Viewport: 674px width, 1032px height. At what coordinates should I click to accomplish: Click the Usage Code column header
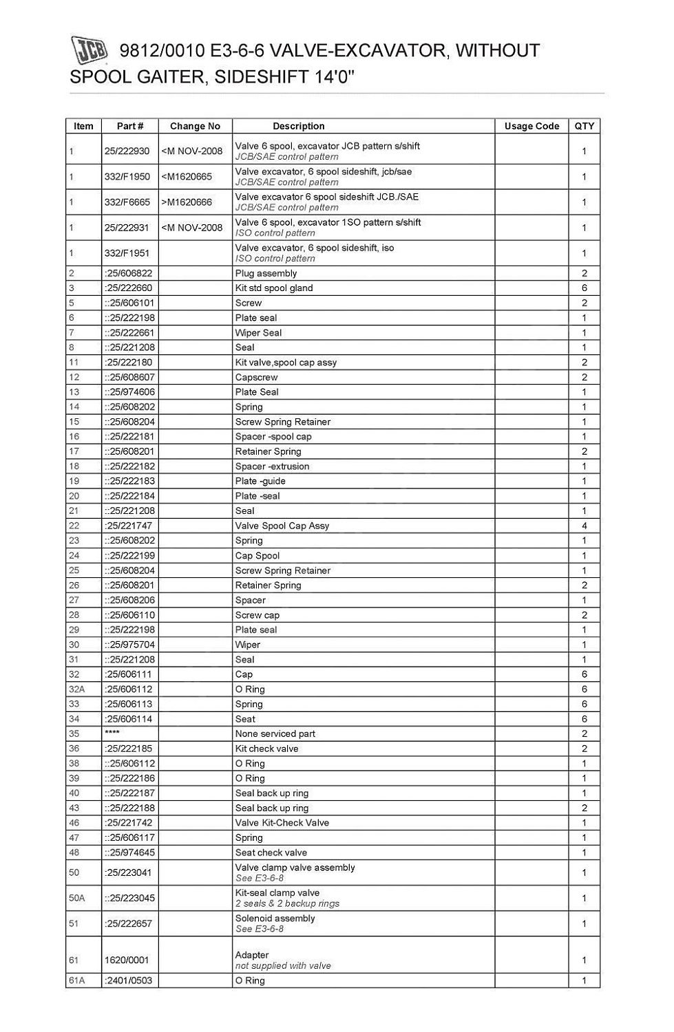point(531,126)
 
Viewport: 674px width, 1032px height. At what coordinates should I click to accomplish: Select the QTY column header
point(584,126)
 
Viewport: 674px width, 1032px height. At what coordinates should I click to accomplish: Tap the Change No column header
point(195,126)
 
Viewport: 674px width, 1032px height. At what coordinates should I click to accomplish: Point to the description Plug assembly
point(266,273)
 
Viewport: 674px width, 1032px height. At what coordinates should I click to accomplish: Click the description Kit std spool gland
point(274,288)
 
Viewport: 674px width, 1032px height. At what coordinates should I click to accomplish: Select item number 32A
point(76,689)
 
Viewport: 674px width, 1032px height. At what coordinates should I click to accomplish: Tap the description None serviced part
point(275,734)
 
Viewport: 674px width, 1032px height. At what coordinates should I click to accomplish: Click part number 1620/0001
point(127,960)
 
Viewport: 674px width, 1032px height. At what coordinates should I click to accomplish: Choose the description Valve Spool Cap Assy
point(282,526)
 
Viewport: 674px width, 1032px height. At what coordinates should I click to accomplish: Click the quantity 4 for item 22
point(584,526)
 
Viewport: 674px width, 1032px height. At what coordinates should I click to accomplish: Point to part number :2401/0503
point(128,980)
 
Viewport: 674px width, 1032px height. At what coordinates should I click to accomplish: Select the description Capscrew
point(257,377)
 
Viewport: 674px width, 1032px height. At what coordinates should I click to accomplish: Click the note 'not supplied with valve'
point(283,966)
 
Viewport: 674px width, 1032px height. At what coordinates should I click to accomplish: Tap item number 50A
point(76,898)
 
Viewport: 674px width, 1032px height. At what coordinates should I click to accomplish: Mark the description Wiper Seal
point(258,333)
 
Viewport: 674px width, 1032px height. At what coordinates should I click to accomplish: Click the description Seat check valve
point(271,852)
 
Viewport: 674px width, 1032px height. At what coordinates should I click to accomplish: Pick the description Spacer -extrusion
point(272,466)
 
